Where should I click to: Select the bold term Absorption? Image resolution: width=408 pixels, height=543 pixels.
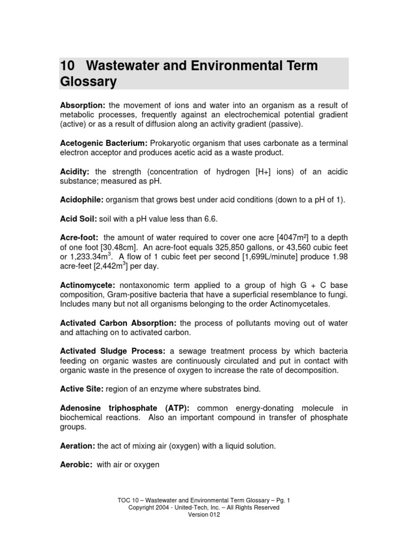82,105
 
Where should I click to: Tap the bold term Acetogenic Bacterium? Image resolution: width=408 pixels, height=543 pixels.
104,143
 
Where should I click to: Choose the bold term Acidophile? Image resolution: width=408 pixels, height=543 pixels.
82,199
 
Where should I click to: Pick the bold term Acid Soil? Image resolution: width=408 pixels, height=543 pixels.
78,218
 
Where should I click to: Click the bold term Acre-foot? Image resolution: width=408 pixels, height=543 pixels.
79,238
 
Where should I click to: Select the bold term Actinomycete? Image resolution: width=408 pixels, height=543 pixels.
87,285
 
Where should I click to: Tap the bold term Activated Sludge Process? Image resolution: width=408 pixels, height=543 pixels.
113,351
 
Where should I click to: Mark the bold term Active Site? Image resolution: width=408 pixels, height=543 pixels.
82,389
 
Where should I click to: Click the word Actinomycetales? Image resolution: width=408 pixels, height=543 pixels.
295,304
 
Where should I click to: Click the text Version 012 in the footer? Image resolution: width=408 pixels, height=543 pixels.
203,514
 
